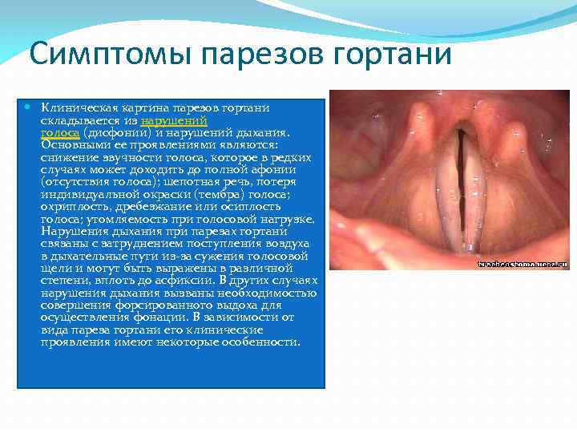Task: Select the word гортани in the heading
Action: [x=385, y=55]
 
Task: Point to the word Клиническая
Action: [x=72, y=107]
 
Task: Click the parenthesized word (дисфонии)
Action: [x=111, y=132]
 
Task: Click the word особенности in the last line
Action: [x=263, y=342]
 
